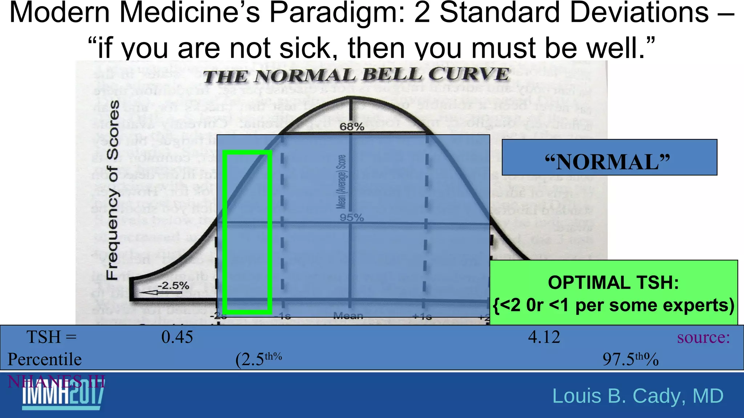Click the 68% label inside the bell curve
352,127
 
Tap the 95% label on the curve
352,218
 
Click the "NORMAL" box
609,157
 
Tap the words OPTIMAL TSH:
613,283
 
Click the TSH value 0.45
177,337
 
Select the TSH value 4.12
544,337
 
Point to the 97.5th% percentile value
630,359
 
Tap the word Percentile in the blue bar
45,359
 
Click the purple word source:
703,337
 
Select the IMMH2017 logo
63,397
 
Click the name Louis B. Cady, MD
638,396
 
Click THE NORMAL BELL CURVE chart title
356,75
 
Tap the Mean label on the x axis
348,316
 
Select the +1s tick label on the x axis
422,316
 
